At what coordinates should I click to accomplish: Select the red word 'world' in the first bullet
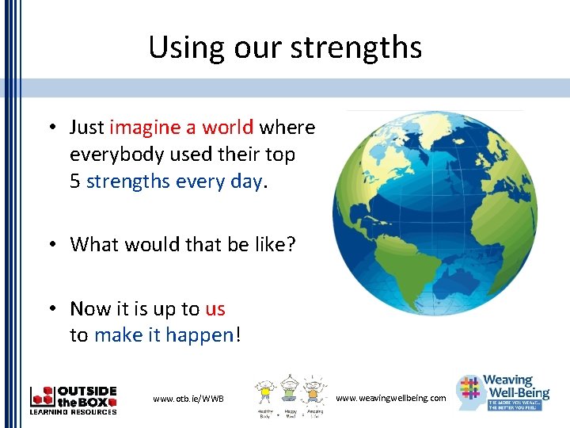(227, 128)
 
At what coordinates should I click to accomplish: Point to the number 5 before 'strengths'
(75, 182)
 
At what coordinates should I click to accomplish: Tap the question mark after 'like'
(291, 244)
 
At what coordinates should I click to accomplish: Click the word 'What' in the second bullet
(92, 244)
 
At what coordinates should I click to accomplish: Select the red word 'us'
(215, 308)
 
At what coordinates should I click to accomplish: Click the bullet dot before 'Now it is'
(50, 308)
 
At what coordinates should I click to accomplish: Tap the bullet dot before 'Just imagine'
(50, 128)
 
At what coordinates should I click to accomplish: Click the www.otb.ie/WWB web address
(188, 398)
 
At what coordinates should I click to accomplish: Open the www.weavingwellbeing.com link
(391, 397)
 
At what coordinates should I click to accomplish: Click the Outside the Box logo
(74, 400)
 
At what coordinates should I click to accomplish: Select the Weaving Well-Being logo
(503, 392)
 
